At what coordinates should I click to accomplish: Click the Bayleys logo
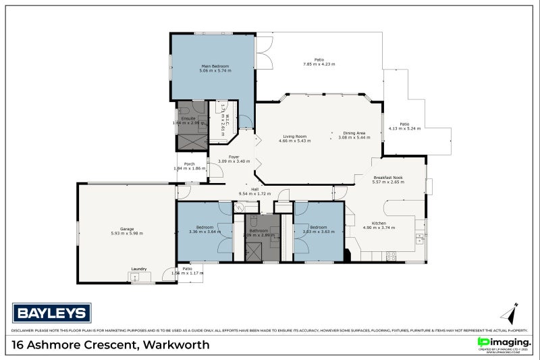tap(51, 312)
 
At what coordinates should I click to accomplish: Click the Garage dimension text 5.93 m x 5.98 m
tap(127, 233)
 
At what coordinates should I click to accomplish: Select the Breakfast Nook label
tap(387, 177)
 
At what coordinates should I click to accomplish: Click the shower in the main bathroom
tap(254, 251)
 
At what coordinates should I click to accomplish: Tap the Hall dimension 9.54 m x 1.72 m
tap(254, 194)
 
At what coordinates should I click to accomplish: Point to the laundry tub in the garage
tap(134, 276)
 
